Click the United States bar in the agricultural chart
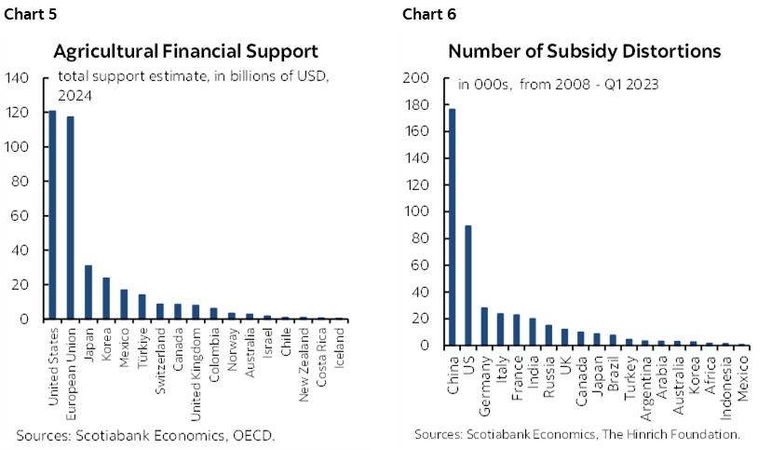click(x=52, y=215)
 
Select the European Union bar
click(x=70, y=217)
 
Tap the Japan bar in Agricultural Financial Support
click(x=88, y=293)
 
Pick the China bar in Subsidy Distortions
click(x=453, y=227)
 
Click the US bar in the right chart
click(x=468, y=285)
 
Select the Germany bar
click(x=484, y=326)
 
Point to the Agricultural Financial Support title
click(x=185, y=51)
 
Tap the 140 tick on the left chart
click(x=18, y=78)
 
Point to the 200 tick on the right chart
click(x=415, y=78)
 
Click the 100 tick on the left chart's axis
click(x=18, y=147)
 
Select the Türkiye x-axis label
click(x=142, y=348)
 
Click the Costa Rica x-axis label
click(x=320, y=358)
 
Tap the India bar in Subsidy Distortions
click(x=533, y=332)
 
